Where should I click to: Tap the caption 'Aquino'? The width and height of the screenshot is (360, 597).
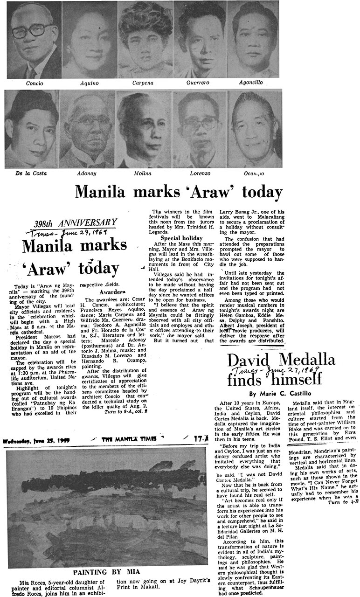[x=89, y=83]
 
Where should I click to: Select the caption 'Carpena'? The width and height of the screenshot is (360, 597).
[x=144, y=83]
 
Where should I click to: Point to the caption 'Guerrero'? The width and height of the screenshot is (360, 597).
[x=199, y=83]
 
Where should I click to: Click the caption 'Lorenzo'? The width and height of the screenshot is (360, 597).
[x=199, y=174]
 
